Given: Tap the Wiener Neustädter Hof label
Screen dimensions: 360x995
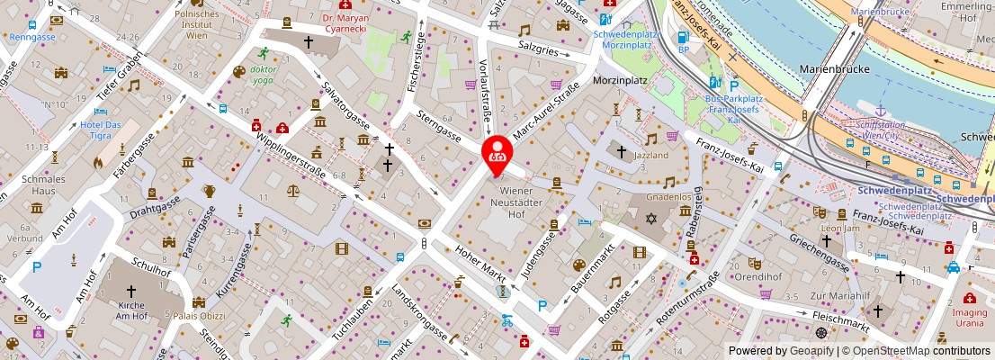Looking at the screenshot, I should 517,202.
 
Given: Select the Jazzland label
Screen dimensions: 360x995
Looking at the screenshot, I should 650,156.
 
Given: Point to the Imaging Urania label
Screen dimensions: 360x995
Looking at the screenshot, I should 970,318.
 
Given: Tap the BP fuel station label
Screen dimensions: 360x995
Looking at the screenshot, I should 682,49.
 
